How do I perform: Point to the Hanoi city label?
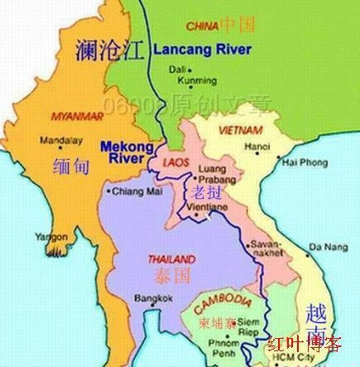point(257,147)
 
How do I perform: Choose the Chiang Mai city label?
point(132,193)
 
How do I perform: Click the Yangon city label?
point(50,237)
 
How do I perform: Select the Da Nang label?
point(328,247)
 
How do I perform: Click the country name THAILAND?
point(171,258)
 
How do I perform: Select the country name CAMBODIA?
point(223,299)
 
